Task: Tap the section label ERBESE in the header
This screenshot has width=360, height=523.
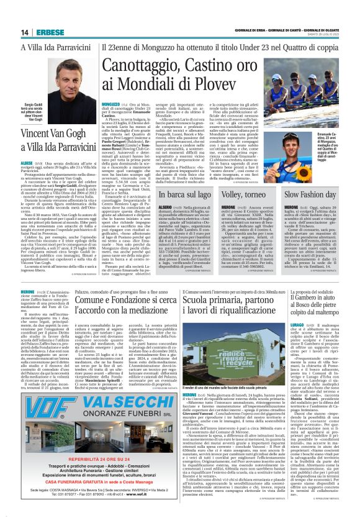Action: click(x=48, y=32)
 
